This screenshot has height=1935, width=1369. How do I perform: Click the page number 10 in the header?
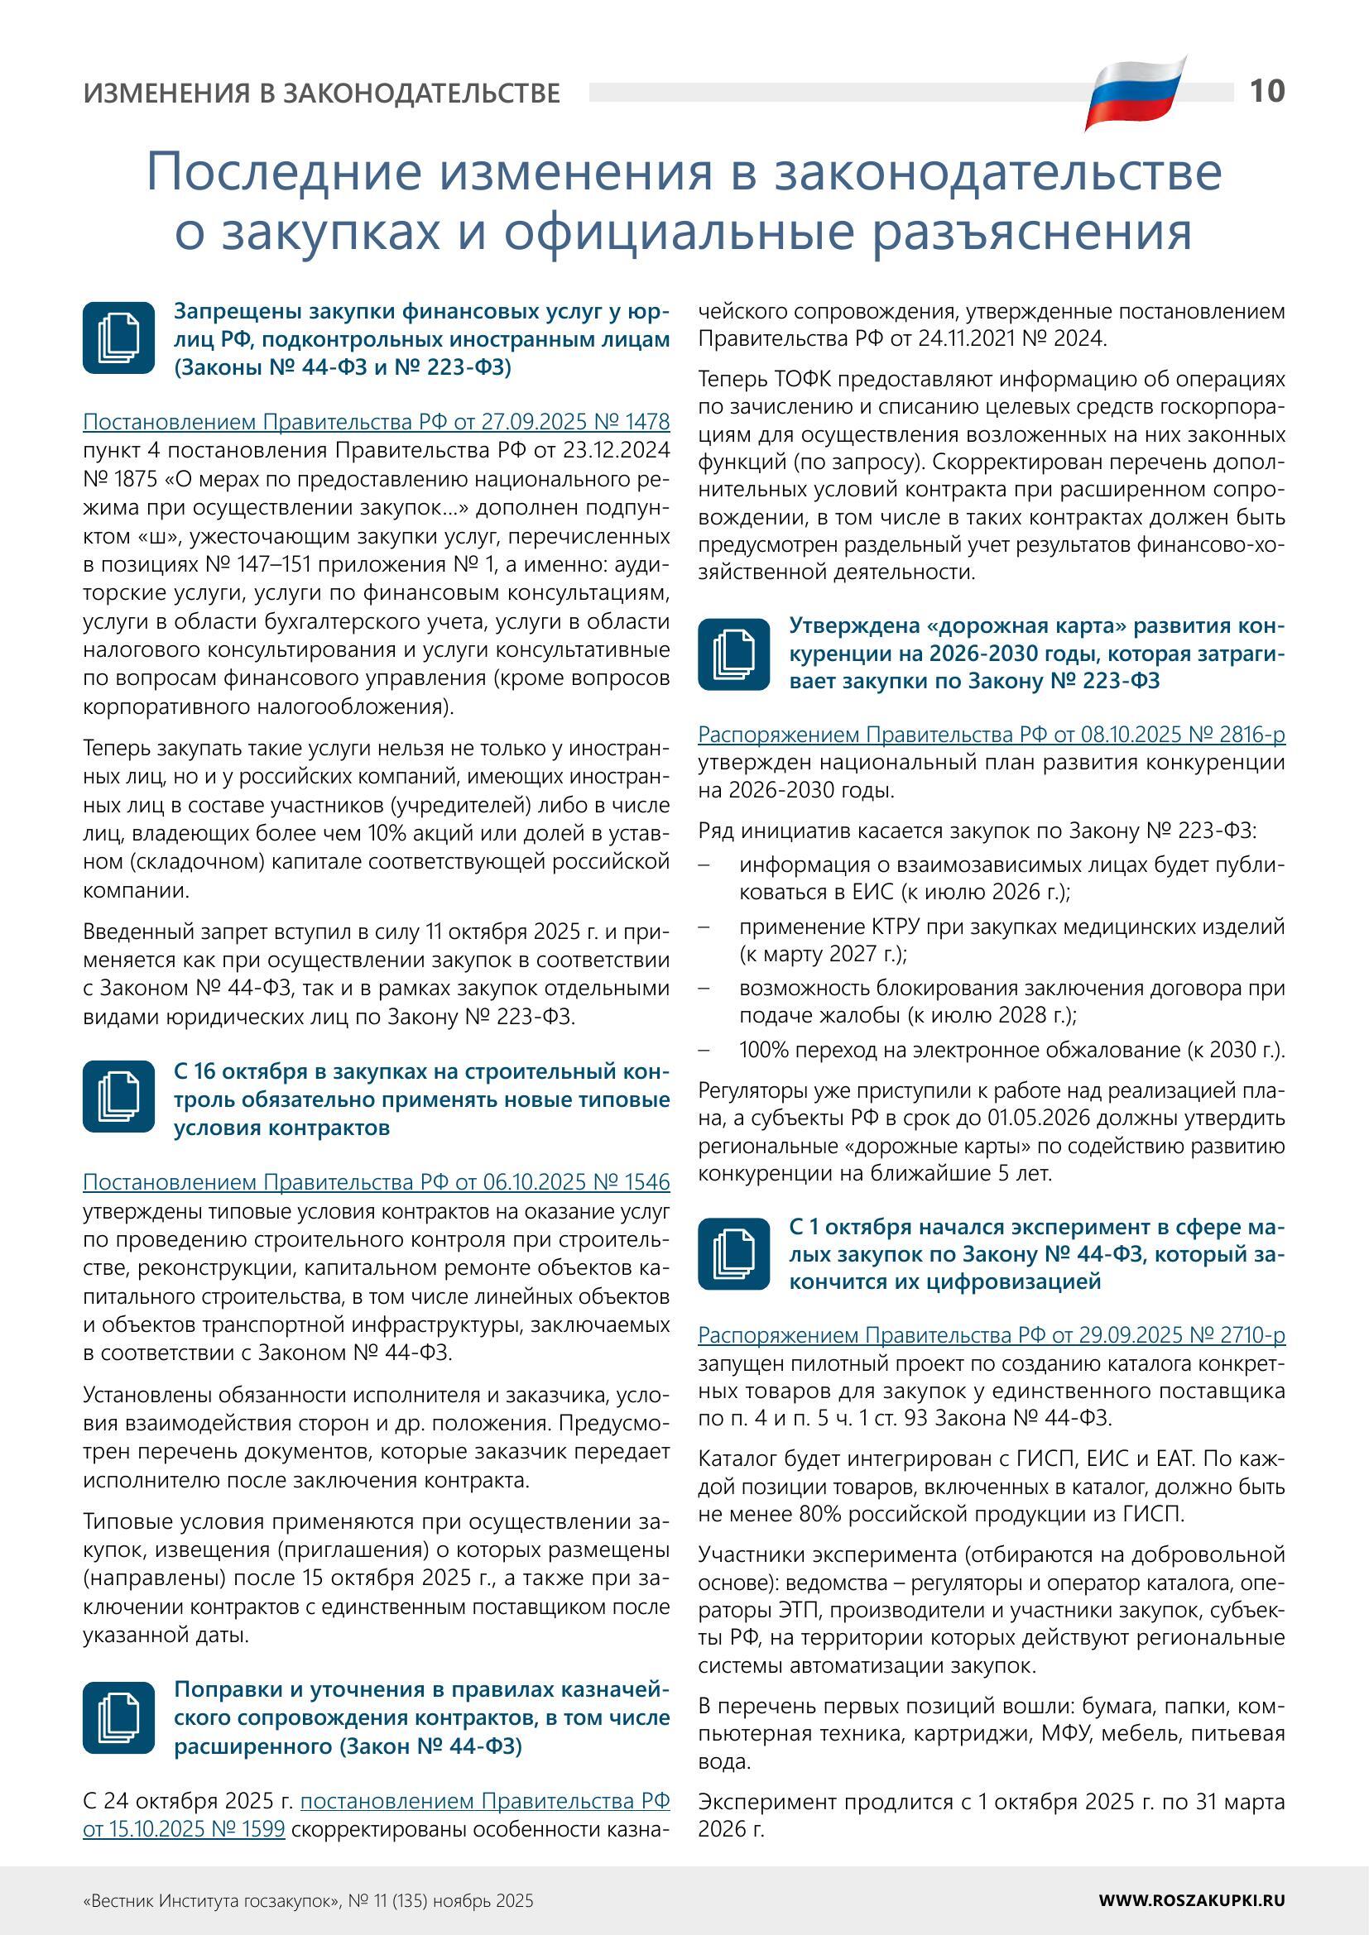(1267, 90)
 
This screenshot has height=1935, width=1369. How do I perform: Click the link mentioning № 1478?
(376, 421)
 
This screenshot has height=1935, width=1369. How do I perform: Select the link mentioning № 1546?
(376, 1182)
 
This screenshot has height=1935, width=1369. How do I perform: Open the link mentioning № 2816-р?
(992, 735)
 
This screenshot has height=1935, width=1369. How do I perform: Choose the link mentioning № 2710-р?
(992, 1336)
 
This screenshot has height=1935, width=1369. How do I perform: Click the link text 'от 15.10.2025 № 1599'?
(184, 1829)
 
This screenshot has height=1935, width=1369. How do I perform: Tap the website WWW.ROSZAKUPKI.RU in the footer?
(1192, 1900)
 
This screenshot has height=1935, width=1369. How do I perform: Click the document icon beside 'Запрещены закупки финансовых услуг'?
(119, 338)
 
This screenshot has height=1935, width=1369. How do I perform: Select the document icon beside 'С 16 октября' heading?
(119, 1096)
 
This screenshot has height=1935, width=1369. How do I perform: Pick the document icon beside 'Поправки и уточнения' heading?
(119, 1717)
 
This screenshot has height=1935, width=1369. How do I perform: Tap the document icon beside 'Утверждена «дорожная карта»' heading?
(734, 654)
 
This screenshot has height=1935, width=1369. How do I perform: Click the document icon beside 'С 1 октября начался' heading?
(734, 1254)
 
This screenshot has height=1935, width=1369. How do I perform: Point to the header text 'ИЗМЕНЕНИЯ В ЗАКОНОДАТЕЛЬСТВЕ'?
(321, 93)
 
